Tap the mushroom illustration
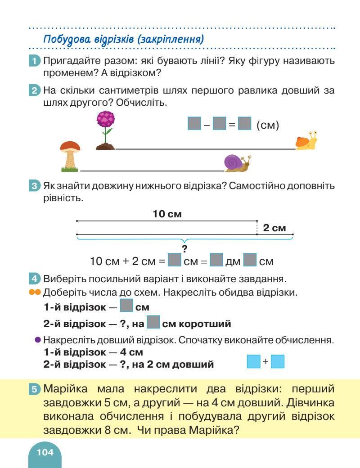pyautogui.click(x=70, y=156)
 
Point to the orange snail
pyautogui.click(x=306, y=141)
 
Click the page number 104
pyautogui.click(x=45, y=452)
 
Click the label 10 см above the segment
pyautogui.click(x=167, y=214)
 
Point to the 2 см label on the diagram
pyautogui.click(x=274, y=228)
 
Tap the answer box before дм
pyautogui.click(x=217, y=261)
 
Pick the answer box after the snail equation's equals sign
pyautogui.click(x=244, y=123)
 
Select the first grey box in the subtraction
pyautogui.click(x=194, y=123)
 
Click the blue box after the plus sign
pyautogui.click(x=278, y=362)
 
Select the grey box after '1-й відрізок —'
pyautogui.click(x=127, y=307)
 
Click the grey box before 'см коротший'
pyautogui.click(x=154, y=323)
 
